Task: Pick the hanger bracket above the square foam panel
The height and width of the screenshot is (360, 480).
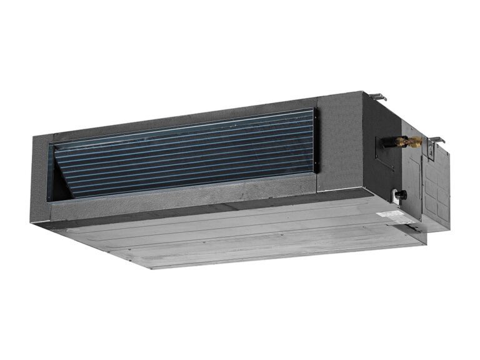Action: [377, 97]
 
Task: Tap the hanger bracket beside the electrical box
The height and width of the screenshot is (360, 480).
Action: [436, 140]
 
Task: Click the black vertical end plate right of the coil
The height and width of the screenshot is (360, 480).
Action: [315, 141]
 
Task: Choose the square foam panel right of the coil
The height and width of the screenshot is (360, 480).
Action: [341, 144]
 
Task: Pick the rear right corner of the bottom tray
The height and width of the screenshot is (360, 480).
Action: [425, 241]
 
